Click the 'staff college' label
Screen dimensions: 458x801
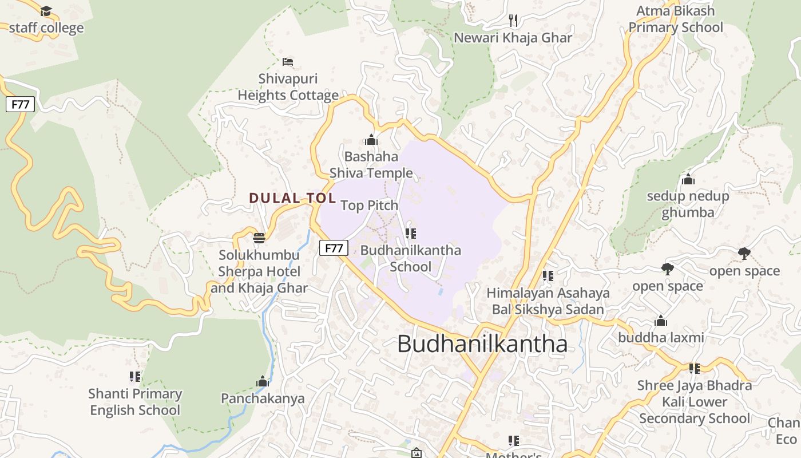pyautogui.click(x=46, y=28)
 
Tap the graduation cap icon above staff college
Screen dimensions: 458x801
pyautogui.click(x=46, y=11)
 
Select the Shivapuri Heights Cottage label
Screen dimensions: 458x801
pyautogui.click(x=288, y=87)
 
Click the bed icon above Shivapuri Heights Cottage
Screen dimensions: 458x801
pyautogui.click(x=288, y=61)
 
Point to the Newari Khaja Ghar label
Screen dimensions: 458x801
pyautogui.click(x=513, y=38)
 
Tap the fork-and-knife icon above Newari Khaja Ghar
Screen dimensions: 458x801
pyautogui.click(x=513, y=21)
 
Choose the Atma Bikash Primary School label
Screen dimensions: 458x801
pyautogui.click(x=676, y=19)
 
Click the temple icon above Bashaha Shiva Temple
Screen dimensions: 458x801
pyautogui.click(x=371, y=140)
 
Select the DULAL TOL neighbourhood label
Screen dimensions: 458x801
pyautogui.click(x=292, y=198)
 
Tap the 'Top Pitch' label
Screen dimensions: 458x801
pyautogui.click(x=369, y=205)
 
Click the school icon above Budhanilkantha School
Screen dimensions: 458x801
pyautogui.click(x=410, y=234)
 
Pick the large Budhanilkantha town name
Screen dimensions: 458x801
pyautogui.click(x=482, y=343)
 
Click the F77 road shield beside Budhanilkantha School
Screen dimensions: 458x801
pyautogui.click(x=334, y=248)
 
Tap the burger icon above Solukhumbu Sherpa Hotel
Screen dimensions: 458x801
pyautogui.click(x=259, y=238)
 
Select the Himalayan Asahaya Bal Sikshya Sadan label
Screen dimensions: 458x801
pyautogui.click(x=548, y=301)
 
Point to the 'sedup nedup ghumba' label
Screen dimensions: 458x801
pyautogui.click(x=688, y=204)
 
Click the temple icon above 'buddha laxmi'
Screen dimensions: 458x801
pyautogui.click(x=661, y=321)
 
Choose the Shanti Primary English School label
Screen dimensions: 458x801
pyautogui.click(x=135, y=402)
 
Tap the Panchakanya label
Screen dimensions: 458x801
pyautogui.click(x=263, y=398)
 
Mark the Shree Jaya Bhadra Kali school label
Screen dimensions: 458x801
pyautogui.click(x=694, y=402)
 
